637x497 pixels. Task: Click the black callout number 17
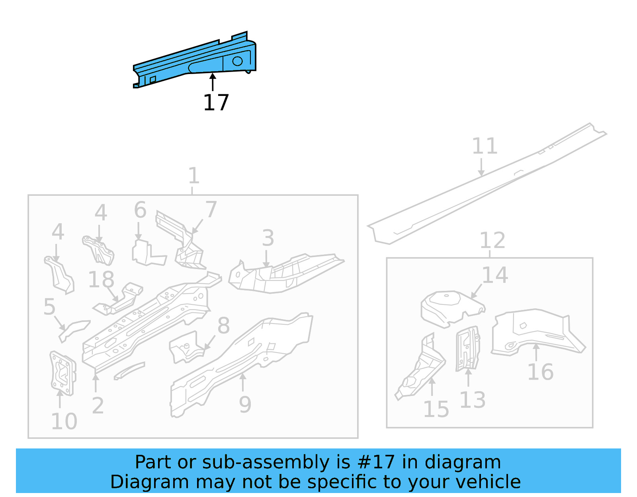(x=216, y=103)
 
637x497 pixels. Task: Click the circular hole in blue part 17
(x=237, y=61)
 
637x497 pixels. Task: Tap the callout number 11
(x=485, y=146)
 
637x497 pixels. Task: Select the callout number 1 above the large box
(x=193, y=175)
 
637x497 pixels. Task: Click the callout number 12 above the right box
(x=492, y=240)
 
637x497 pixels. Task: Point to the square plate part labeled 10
(x=63, y=373)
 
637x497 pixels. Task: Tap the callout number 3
(x=268, y=238)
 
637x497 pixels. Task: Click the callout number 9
(x=245, y=405)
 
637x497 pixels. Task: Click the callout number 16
(x=540, y=372)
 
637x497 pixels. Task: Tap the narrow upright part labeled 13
(x=468, y=348)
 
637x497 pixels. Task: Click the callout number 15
(x=436, y=409)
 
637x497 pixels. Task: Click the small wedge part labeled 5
(x=74, y=330)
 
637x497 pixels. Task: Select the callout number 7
(x=211, y=209)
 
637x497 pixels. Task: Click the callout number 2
(x=98, y=405)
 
